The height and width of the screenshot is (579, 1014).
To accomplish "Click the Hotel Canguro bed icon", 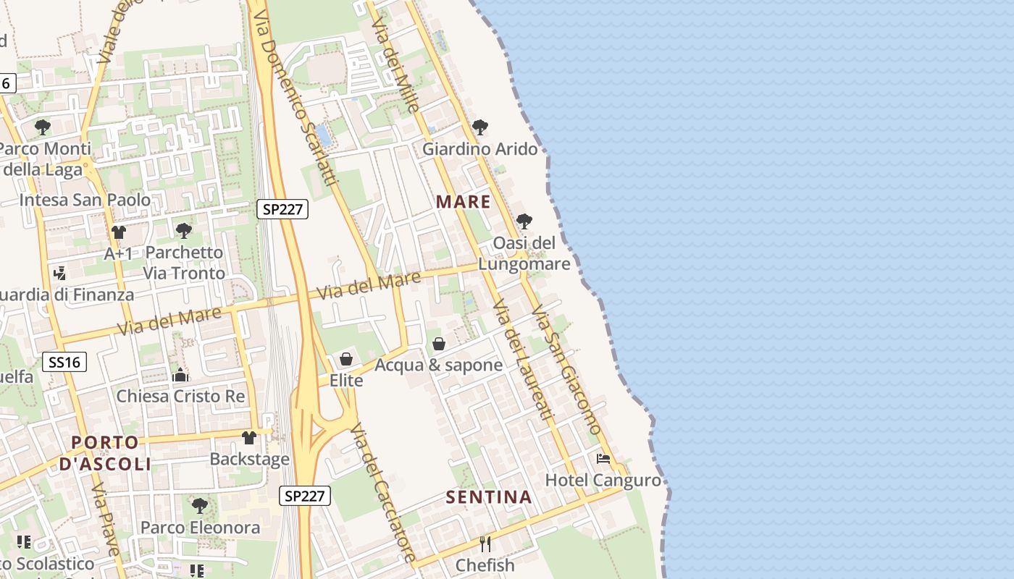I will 603,458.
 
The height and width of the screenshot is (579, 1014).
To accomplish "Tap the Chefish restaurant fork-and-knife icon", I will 485,544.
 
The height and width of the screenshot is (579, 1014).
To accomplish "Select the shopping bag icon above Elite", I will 346,359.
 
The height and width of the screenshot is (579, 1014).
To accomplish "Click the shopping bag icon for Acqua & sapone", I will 439,344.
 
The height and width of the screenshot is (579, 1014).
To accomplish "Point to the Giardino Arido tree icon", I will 479,128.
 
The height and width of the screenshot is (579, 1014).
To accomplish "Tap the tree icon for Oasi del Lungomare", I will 524,221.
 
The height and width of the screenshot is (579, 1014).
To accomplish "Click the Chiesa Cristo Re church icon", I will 180,375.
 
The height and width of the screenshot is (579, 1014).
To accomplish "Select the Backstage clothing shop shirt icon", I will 249,438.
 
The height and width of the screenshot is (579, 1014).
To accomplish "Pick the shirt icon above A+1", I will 119,232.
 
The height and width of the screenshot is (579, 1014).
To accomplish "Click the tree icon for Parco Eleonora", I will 200,505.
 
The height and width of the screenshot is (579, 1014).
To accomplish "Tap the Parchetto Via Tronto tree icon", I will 184,231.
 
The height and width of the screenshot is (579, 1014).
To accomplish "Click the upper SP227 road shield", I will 282,209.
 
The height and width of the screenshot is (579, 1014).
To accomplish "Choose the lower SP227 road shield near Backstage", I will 306,496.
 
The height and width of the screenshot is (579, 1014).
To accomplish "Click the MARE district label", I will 464,202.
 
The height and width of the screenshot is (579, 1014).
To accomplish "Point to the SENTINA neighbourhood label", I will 489,497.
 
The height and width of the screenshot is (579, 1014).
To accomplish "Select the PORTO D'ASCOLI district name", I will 106,453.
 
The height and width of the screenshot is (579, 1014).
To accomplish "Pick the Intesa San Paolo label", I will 85,200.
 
